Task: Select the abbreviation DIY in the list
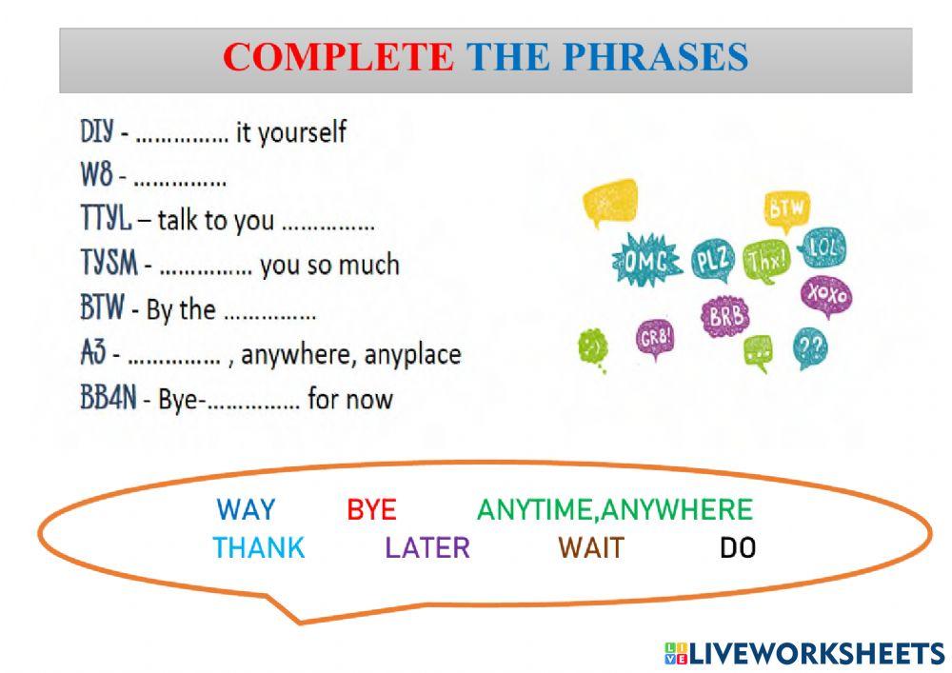97,132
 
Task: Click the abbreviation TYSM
109,266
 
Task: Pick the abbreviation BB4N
109,398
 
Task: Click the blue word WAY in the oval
246,510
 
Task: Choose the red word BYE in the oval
371,510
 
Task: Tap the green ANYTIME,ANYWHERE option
614,510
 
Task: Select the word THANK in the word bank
259,548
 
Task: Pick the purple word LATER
427,548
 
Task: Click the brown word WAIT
591,548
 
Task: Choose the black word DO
738,548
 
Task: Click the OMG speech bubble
647,258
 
